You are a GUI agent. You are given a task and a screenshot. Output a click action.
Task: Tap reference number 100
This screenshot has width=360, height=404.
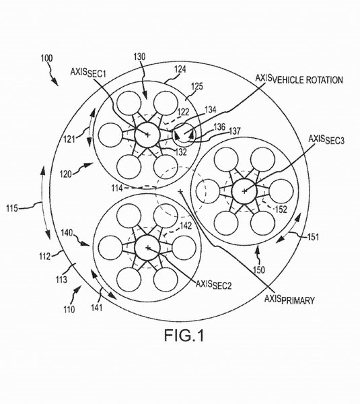46,59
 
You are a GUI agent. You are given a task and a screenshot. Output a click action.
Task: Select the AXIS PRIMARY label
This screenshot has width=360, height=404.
289,300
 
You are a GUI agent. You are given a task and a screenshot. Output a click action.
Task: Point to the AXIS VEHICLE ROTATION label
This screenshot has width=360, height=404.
299,79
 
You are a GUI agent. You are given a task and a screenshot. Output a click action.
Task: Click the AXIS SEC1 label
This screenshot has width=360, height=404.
88,73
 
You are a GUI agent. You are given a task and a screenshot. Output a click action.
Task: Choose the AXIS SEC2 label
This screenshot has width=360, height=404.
213,284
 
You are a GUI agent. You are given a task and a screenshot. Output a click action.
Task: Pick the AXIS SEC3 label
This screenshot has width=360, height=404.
326,140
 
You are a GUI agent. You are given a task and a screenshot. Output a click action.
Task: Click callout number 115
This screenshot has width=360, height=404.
12,207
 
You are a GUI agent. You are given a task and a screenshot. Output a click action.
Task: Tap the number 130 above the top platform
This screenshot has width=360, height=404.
139,57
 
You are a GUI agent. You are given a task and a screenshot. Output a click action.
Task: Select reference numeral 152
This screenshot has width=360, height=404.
281,209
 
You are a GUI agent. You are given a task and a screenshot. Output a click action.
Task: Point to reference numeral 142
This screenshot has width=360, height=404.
186,226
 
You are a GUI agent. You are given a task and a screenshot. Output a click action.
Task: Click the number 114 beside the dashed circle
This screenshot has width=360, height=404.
117,189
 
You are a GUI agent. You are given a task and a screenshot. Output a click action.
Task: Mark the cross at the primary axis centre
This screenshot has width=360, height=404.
180,191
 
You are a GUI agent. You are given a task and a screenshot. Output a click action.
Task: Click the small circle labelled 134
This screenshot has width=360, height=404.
184,133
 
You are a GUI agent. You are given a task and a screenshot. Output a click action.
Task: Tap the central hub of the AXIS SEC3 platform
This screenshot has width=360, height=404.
244,191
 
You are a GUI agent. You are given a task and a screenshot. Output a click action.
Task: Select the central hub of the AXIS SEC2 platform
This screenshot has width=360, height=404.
147,248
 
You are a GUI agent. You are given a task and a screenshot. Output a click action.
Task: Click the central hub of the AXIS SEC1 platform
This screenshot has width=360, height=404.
147,135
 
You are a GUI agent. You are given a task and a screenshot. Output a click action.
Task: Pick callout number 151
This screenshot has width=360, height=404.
313,237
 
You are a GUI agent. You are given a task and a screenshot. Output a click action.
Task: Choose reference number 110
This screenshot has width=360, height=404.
69,309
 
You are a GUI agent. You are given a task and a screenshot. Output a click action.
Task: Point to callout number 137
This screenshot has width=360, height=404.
234,131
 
